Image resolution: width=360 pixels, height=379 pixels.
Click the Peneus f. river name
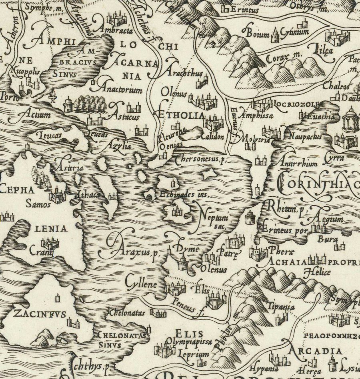(x=185, y=305)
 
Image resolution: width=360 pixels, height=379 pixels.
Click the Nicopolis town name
(x=24, y=74)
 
